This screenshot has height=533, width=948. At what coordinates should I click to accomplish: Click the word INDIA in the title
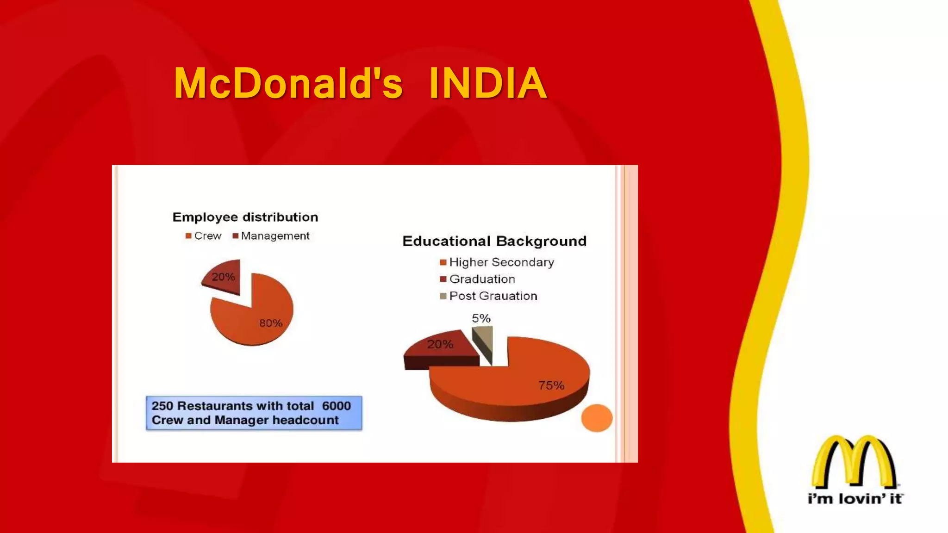point(487,84)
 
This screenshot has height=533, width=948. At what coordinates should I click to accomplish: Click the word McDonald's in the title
point(288,84)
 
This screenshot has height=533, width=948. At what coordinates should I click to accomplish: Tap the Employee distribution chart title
point(245,217)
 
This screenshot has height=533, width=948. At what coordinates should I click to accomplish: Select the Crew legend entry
point(204,236)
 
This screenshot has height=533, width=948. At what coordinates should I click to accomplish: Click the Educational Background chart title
point(494,241)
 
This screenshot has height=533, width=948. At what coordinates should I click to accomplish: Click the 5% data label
point(481,318)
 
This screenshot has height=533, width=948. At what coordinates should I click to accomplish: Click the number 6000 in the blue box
point(337,406)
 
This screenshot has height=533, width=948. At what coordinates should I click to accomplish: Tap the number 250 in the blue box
point(162,406)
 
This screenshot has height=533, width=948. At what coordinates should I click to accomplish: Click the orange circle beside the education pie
point(597,418)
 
